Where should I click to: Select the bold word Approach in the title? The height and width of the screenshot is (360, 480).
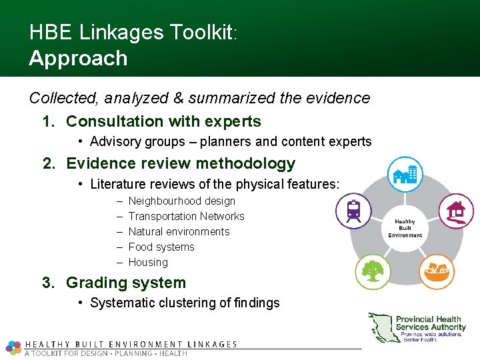click(78, 58)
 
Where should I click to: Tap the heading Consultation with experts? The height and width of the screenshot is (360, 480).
click(163, 121)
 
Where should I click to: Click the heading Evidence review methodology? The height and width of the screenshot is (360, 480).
click(181, 163)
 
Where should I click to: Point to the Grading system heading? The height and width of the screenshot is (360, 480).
click(126, 283)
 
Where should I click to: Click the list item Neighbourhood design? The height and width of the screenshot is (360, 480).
click(181, 201)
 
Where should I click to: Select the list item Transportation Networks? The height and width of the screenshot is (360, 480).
click(186, 216)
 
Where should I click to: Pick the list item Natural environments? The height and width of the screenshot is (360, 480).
click(179, 231)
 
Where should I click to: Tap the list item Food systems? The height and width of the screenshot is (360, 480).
click(161, 247)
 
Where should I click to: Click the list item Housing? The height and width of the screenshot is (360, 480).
click(148, 262)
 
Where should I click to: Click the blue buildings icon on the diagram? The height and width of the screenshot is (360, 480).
click(405, 175)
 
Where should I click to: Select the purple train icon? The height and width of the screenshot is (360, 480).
click(353, 211)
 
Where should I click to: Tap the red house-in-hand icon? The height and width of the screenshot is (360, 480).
click(456, 211)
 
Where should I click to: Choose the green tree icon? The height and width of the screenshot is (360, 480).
click(373, 271)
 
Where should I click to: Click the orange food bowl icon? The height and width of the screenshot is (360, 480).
click(436, 271)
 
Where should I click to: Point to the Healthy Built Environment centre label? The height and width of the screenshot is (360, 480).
click(405, 228)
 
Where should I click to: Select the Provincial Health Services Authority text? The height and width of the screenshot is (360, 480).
click(431, 323)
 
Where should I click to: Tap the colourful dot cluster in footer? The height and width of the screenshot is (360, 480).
click(13, 347)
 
